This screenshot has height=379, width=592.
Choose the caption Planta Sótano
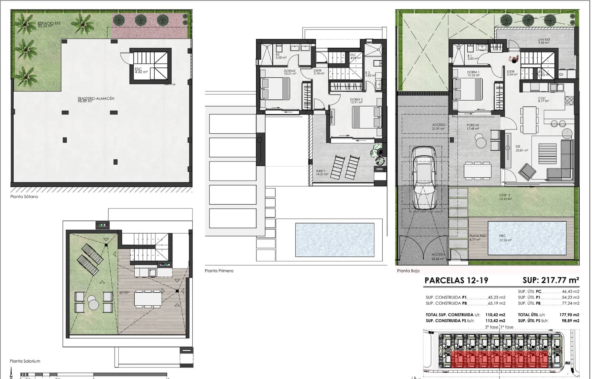click(x=24, y=197)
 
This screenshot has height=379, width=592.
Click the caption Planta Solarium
click(x=25, y=361)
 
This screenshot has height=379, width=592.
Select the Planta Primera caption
click(x=219, y=271)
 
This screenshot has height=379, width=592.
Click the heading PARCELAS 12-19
click(x=456, y=280)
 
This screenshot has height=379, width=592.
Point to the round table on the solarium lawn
click(x=93, y=305)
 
